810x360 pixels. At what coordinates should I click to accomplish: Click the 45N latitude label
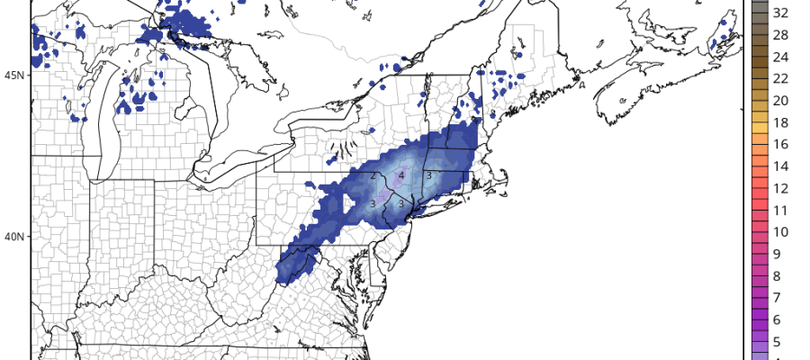13,75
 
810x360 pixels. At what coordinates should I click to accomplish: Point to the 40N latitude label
13,237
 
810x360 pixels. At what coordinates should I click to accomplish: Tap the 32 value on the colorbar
780,13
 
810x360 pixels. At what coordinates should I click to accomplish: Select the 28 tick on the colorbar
780,34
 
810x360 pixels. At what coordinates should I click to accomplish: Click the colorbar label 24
780,57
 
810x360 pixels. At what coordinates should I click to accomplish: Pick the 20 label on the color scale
780,100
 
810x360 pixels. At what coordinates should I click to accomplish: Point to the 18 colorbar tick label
780,122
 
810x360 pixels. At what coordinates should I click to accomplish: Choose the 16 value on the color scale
780,144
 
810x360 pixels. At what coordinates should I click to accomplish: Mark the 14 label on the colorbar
780,166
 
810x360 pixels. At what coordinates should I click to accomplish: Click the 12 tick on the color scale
780,188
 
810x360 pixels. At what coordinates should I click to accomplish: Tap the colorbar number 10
780,232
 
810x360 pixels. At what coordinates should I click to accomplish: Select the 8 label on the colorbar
780,275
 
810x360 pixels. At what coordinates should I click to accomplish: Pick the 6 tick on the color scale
780,319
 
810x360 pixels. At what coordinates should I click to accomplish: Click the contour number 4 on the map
401,176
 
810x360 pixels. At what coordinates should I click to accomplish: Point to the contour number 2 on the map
372,176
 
